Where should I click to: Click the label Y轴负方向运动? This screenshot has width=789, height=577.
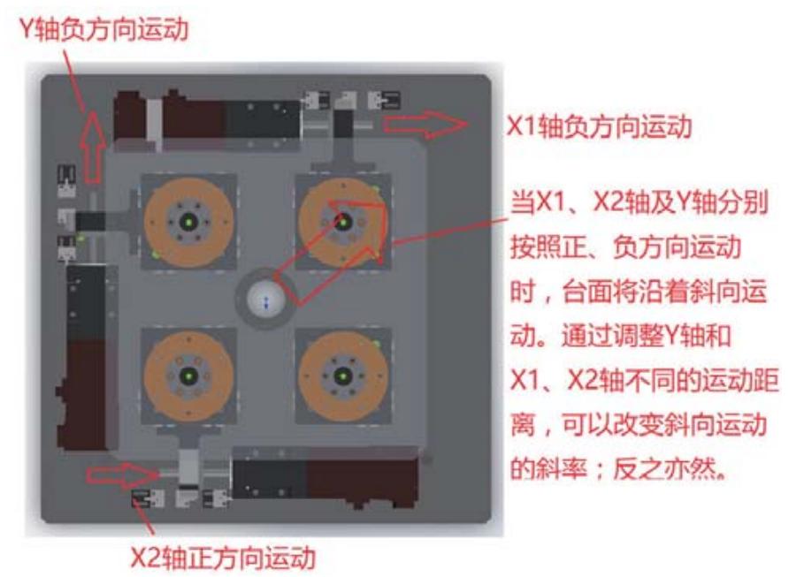(x=104, y=28)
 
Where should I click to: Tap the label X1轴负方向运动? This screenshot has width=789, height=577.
(x=600, y=126)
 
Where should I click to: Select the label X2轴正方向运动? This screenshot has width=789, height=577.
(x=224, y=558)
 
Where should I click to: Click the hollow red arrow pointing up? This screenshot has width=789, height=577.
(x=93, y=147)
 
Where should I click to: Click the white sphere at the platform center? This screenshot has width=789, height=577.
(x=265, y=300)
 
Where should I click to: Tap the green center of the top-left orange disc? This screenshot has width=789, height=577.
(x=188, y=222)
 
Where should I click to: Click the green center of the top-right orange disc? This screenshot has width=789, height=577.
(x=343, y=222)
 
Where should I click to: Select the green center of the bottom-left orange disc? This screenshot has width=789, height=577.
(x=188, y=376)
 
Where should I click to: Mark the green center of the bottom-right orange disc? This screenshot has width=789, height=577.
(x=343, y=376)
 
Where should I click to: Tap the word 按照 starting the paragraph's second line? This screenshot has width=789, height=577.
(x=535, y=247)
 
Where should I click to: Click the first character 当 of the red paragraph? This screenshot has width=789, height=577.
(x=523, y=203)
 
